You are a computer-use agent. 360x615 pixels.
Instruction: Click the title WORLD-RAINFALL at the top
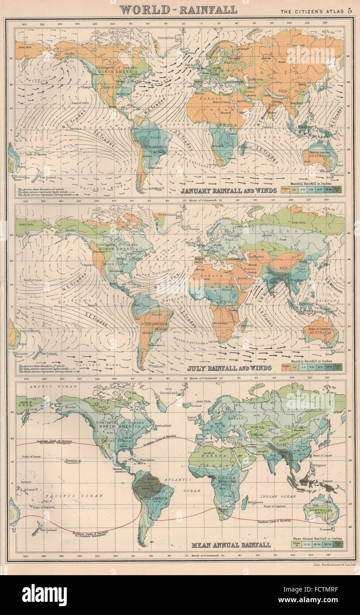coord(178,9)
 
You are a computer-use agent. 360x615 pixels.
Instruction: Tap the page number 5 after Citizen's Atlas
coord(350,10)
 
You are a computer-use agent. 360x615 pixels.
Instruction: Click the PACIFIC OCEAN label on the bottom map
coord(74,496)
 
